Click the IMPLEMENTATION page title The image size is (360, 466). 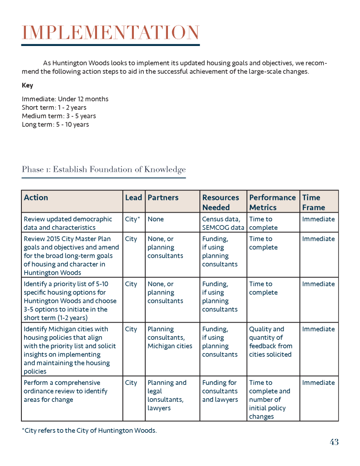tap(111, 33)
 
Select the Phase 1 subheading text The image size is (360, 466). tap(104, 169)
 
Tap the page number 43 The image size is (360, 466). tap(334, 442)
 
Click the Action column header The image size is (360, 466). tap(36, 198)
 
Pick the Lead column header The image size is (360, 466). tap(133, 198)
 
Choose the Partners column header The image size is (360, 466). tap(163, 198)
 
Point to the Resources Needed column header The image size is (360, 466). tap(221, 202)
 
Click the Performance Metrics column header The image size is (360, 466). tap(272, 202)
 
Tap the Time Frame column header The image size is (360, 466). tap(314, 202)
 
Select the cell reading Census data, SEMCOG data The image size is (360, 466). tap(223, 223)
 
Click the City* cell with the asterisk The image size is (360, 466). tap(132, 219)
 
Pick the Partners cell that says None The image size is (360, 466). tap(156, 219)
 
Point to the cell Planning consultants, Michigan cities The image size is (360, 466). tap(170, 338)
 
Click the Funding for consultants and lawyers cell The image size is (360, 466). tap(220, 391)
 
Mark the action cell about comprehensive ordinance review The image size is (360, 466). tap(66, 391)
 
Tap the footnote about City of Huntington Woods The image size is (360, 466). tap(89, 430)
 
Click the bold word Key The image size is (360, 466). tap(27, 85)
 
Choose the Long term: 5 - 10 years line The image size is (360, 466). tap(56, 124)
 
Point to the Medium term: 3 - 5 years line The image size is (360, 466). tap(59, 116)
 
